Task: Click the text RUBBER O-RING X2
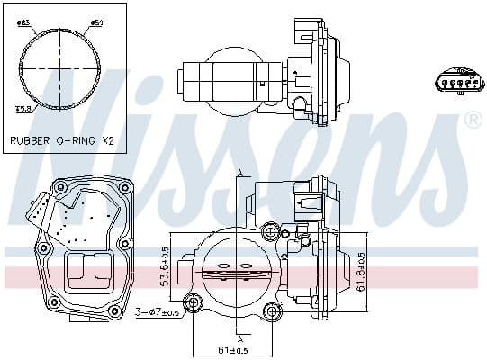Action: tap(62, 141)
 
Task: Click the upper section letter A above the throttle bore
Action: tap(240, 173)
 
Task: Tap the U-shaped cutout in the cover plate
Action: tap(91, 267)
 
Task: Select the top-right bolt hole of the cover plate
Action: tap(125, 187)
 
